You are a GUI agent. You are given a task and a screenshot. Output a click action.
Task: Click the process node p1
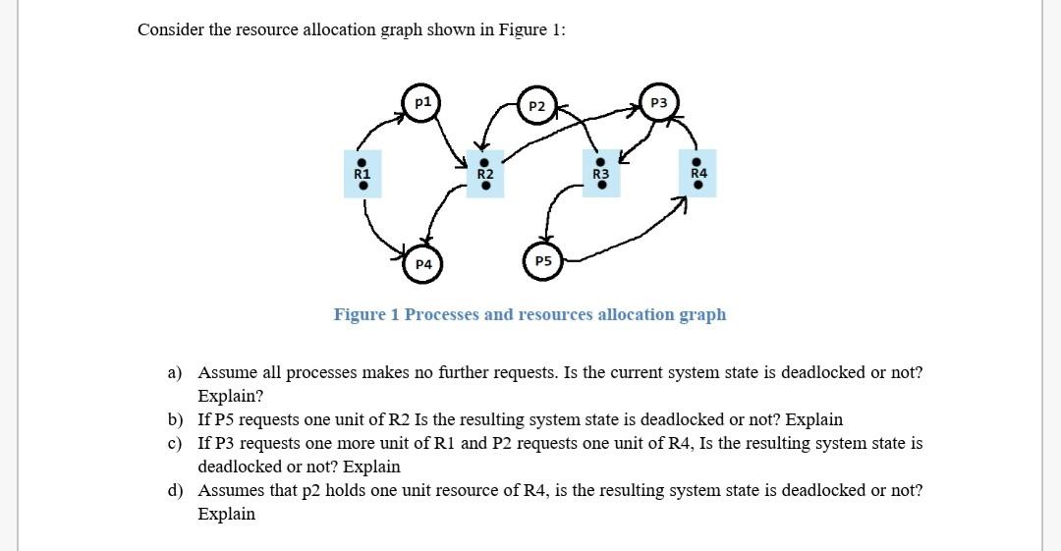(421, 102)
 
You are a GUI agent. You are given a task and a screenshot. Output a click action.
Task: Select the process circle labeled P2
(536, 106)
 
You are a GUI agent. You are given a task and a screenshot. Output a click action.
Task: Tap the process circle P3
(659, 103)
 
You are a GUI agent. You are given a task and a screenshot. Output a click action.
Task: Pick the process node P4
(423, 264)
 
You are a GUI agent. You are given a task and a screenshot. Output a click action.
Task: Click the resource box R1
(362, 174)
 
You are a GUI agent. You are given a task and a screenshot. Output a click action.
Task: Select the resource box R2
(484, 174)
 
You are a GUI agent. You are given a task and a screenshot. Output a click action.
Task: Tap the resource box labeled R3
(601, 174)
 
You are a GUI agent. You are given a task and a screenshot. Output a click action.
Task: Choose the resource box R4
(698, 173)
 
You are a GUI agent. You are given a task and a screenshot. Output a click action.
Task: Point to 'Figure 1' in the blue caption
(366, 314)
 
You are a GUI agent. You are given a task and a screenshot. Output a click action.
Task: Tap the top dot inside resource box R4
(698, 162)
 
